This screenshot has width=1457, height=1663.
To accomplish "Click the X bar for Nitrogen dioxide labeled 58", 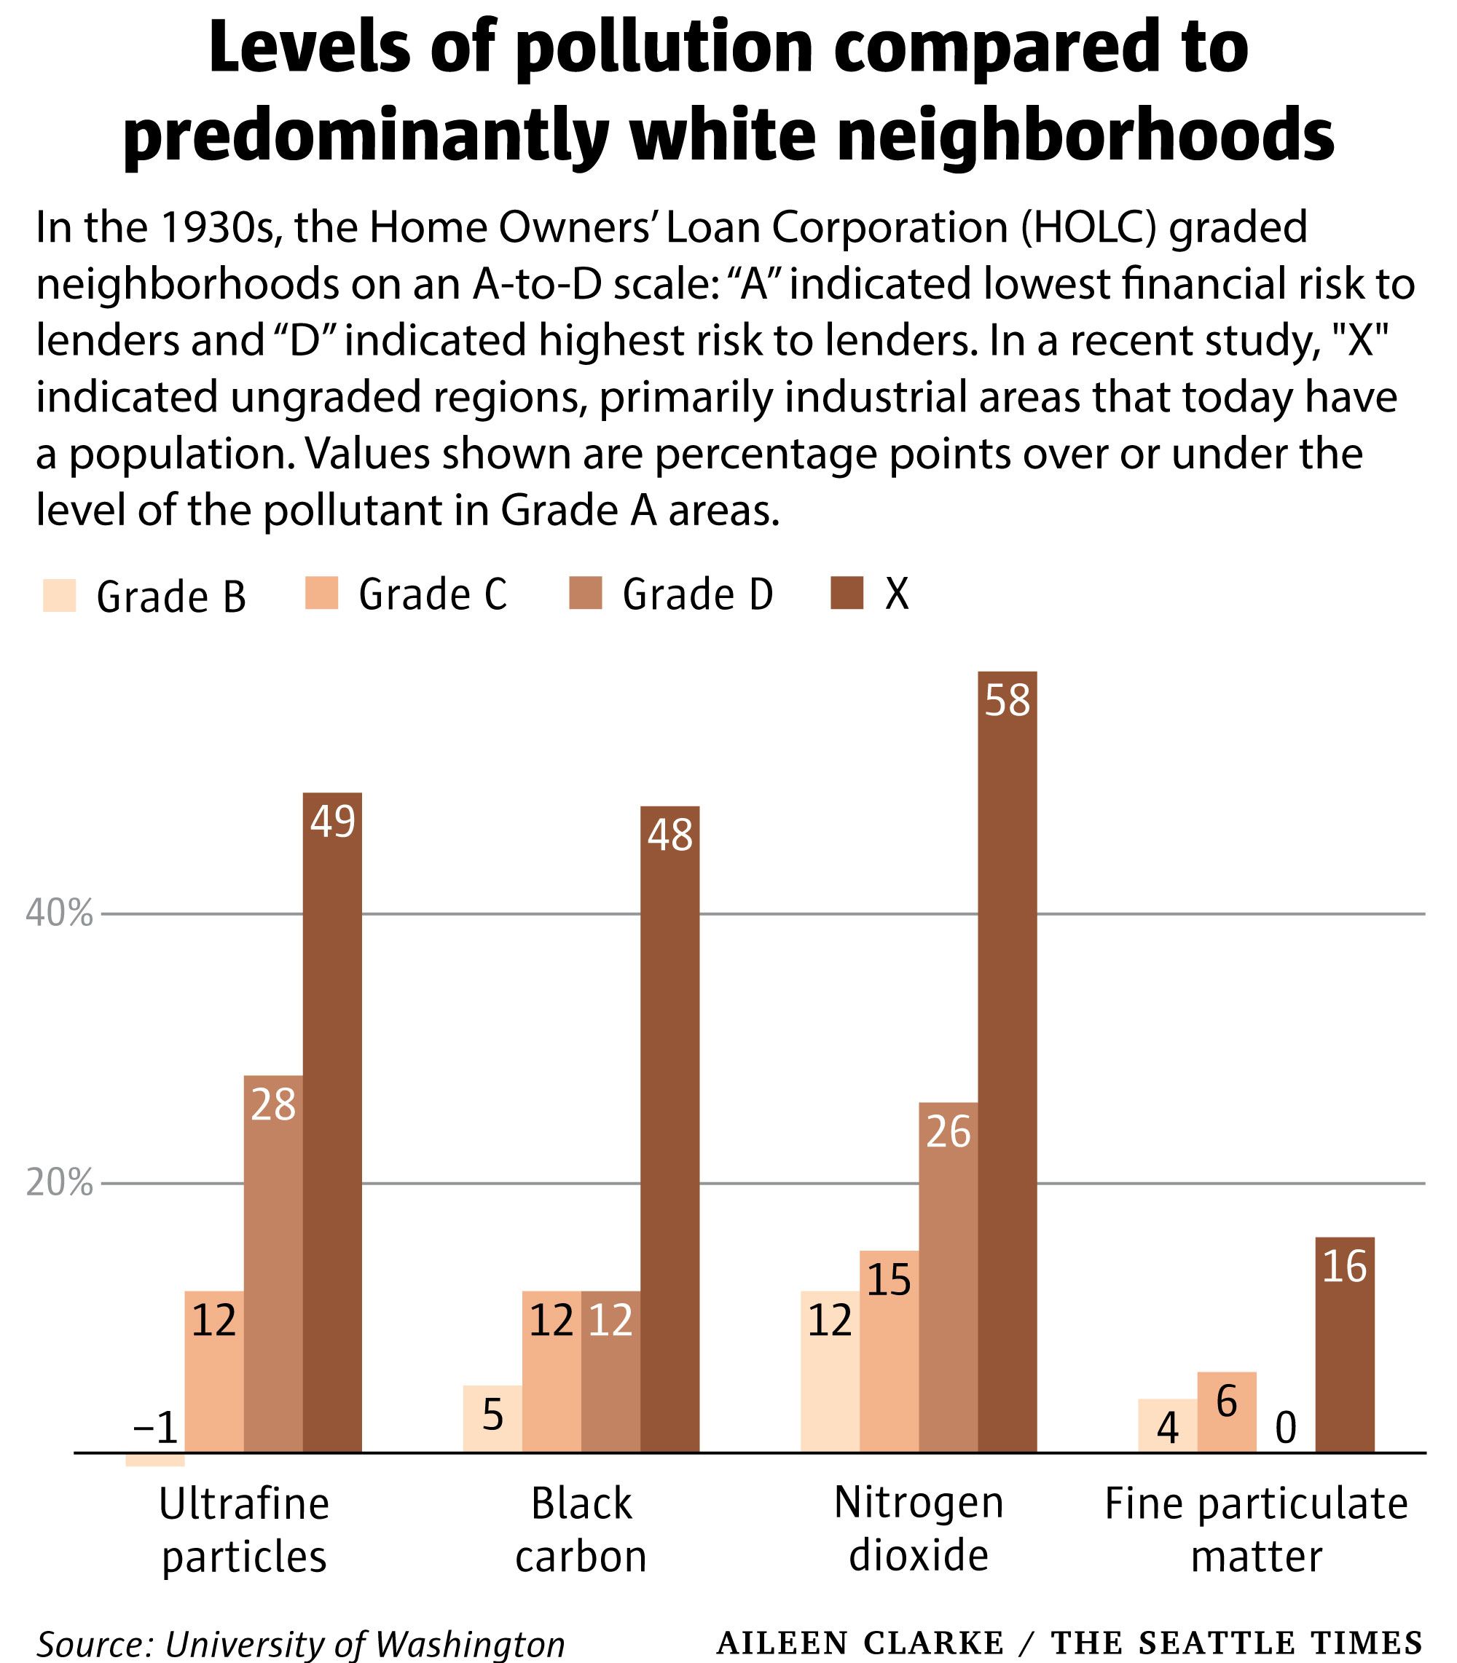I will tap(1008, 1057).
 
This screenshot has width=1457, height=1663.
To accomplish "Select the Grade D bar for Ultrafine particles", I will tap(273, 1260).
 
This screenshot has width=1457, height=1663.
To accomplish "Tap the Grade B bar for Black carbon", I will tap(492, 1418).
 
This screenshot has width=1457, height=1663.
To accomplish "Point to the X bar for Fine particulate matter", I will tap(1345, 1341).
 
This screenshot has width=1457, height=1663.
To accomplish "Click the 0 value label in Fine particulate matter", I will tap(1286, 1428).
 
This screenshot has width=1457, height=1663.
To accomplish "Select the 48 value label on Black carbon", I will tap(670, 835).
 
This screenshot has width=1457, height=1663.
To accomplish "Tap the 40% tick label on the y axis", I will tap(59, 914).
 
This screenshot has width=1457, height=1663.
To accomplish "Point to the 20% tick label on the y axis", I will tap(59, 1184).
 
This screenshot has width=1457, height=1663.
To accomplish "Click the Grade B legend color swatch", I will tap(59, 595).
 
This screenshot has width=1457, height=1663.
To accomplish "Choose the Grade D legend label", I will tap(696, 594).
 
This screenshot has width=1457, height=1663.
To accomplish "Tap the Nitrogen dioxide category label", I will tap(919, 1529).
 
